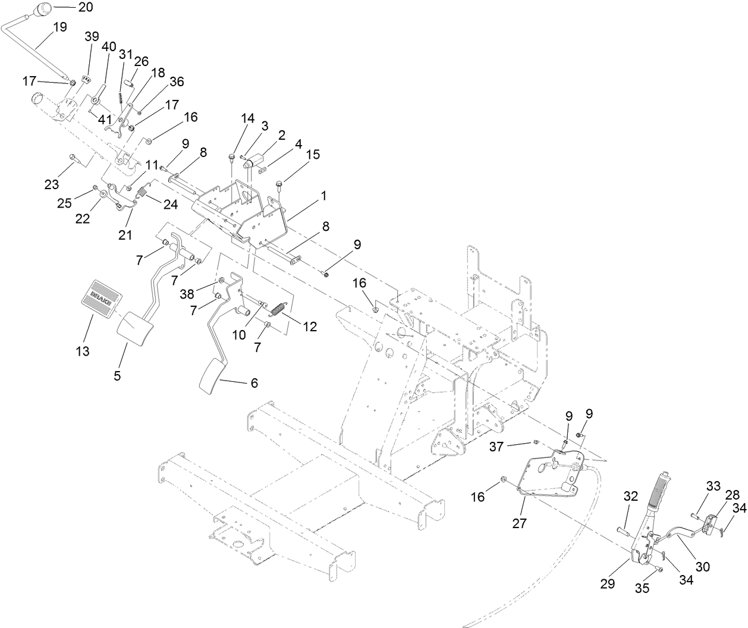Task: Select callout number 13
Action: tap(83, 351)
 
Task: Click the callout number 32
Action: tap(630, 497)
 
